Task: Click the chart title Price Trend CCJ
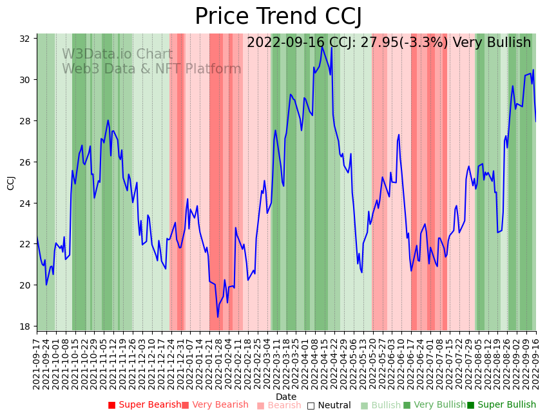click(278, 16)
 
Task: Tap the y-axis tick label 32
click(25, 39)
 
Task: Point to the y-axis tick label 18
click(25, 326)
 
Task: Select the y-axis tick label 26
click(25, 162)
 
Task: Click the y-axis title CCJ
click(11, 182)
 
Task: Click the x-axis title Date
click(286, 397)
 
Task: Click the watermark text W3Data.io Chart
click(117, 55)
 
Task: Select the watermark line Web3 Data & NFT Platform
click(151, 69)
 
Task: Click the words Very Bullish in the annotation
click(492, 43)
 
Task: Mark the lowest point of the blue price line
click(218, 317)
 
